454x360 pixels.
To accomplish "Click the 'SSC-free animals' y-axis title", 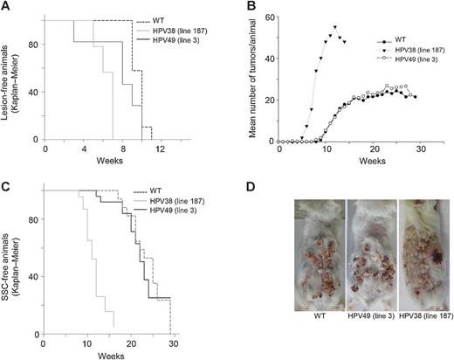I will click(12, 262).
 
